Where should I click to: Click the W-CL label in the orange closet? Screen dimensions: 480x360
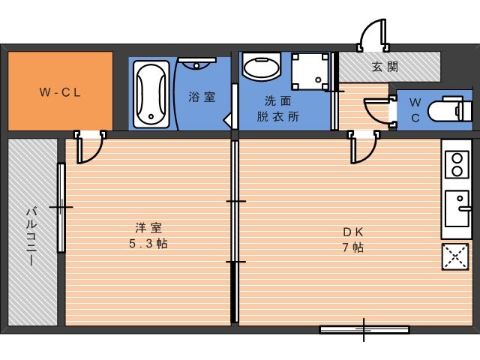[60, 92]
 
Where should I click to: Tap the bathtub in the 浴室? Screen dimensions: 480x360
[151, 94]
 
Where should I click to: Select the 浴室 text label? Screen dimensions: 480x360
[202, 97]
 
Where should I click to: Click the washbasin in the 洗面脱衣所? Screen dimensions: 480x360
[261, 67]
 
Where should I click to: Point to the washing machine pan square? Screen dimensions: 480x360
[310, 72]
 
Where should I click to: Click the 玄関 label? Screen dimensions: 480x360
[385, 67]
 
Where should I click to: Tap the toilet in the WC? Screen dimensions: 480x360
[450, 109]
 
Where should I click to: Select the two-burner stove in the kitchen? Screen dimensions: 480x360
[457, 164]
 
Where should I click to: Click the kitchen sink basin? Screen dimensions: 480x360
[457, 208]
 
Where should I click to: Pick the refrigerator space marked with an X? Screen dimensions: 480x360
[455, 256]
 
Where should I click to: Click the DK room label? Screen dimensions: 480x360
[353, 232]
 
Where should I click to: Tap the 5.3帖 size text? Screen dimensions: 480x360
[148, 244]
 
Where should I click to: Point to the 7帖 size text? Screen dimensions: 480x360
[353, 247]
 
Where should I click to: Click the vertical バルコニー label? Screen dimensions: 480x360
[31, 235]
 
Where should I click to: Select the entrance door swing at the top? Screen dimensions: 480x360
[373, 34]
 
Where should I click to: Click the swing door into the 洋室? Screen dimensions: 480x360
[90, 147]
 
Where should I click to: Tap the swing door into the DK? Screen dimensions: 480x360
[364, 147]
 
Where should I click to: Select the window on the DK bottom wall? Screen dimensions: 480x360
[364, 329]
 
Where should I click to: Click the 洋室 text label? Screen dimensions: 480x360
[148, 228]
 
